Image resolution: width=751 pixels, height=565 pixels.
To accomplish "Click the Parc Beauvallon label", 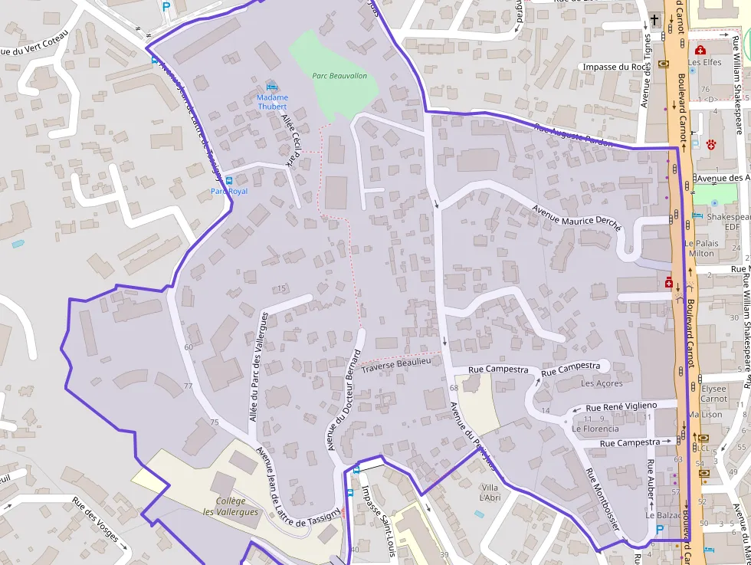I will [339, 76].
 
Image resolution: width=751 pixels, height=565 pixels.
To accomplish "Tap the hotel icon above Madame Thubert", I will [270, 86].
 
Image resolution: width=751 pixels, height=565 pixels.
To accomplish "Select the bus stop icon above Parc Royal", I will [229, 180].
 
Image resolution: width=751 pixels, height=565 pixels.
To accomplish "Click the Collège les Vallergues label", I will [231, 507].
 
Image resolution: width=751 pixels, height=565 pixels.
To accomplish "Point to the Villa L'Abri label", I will [489, 493].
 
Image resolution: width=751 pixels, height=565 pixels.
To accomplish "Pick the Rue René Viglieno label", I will [621, 406].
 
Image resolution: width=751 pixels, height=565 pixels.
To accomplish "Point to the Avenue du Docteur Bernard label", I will [343, 399].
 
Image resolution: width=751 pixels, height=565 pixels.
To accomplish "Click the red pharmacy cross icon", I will [669, 283].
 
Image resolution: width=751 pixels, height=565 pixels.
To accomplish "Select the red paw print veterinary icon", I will [712, 143].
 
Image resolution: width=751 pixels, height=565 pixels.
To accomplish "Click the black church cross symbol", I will [654, 21].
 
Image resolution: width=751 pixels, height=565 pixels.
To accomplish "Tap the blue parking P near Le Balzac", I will [660, 530].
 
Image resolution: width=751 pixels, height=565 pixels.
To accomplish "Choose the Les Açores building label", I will [602, 383].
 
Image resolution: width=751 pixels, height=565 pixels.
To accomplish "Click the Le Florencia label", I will [595, 429].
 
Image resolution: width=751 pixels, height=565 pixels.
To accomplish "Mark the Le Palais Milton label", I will [702, 248].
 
